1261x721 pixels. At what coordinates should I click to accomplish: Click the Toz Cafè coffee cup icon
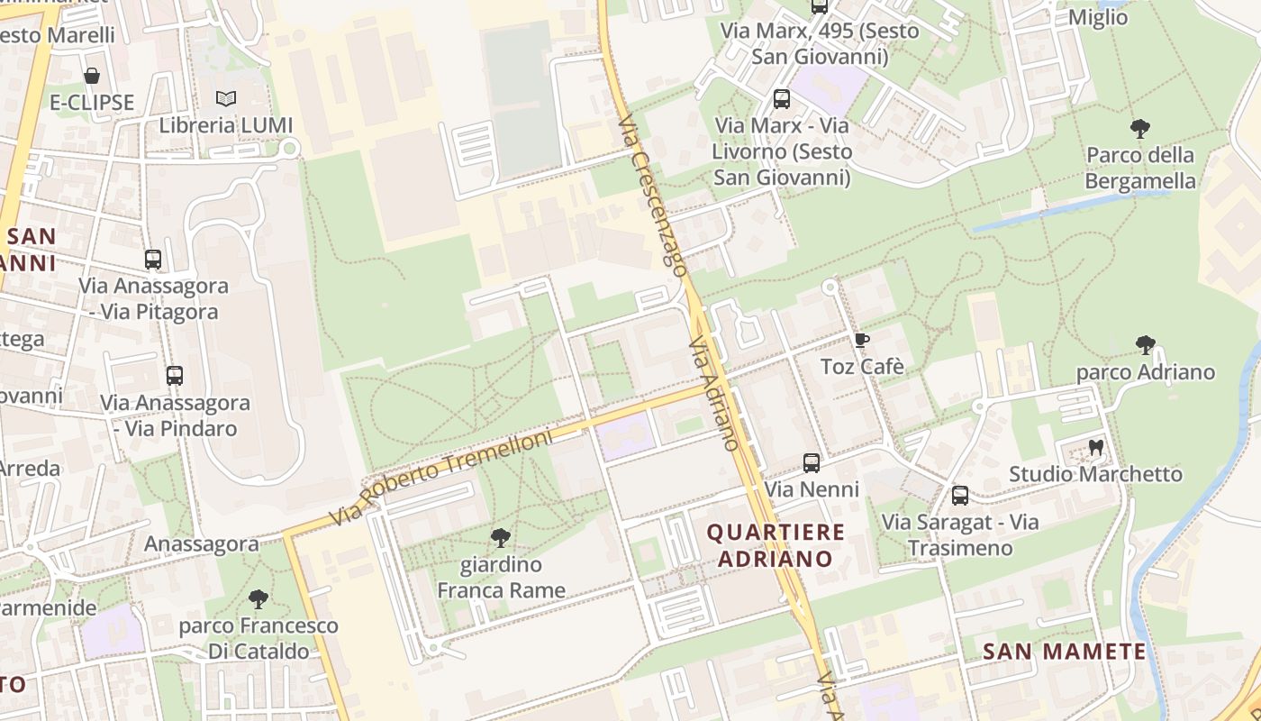pos(861,341)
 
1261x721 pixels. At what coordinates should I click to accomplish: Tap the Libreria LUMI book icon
pos(226,98)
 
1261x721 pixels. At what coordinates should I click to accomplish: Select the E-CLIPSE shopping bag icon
pos(91,76)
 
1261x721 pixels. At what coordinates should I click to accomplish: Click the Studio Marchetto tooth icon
pos(1095,447)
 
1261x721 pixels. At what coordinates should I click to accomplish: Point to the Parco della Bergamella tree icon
pos(1139,128)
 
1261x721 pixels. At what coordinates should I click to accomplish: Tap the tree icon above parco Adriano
pos(1145,344)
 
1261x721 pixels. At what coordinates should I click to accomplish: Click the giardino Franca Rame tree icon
pos(501,538)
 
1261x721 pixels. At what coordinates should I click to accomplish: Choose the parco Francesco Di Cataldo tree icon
pos(259,598)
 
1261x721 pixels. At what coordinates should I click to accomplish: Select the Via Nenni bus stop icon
pos(812,463)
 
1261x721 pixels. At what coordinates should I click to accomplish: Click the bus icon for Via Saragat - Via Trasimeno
pos(960,495)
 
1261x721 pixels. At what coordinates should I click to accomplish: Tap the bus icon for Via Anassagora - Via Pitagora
pos(153,260)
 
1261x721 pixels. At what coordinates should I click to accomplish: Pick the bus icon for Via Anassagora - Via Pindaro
pos(175,376)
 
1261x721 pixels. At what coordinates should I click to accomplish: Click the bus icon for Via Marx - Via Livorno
pos(782,99)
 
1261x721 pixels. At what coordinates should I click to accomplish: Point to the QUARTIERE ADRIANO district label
pos(776,545)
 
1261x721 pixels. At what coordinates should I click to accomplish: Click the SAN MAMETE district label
pos(1064,652)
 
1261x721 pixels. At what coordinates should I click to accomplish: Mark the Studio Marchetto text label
pos(1095,474)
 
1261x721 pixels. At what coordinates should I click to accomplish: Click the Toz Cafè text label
pos(862,367)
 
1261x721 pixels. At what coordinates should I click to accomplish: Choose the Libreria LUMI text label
pos(226,125)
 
